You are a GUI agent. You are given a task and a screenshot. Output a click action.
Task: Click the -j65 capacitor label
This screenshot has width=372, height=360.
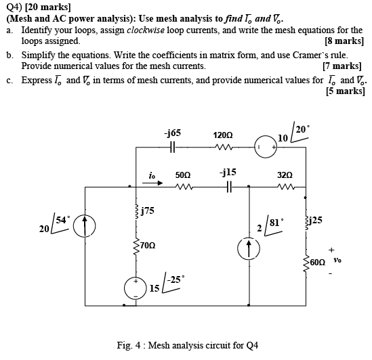(172, 134)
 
